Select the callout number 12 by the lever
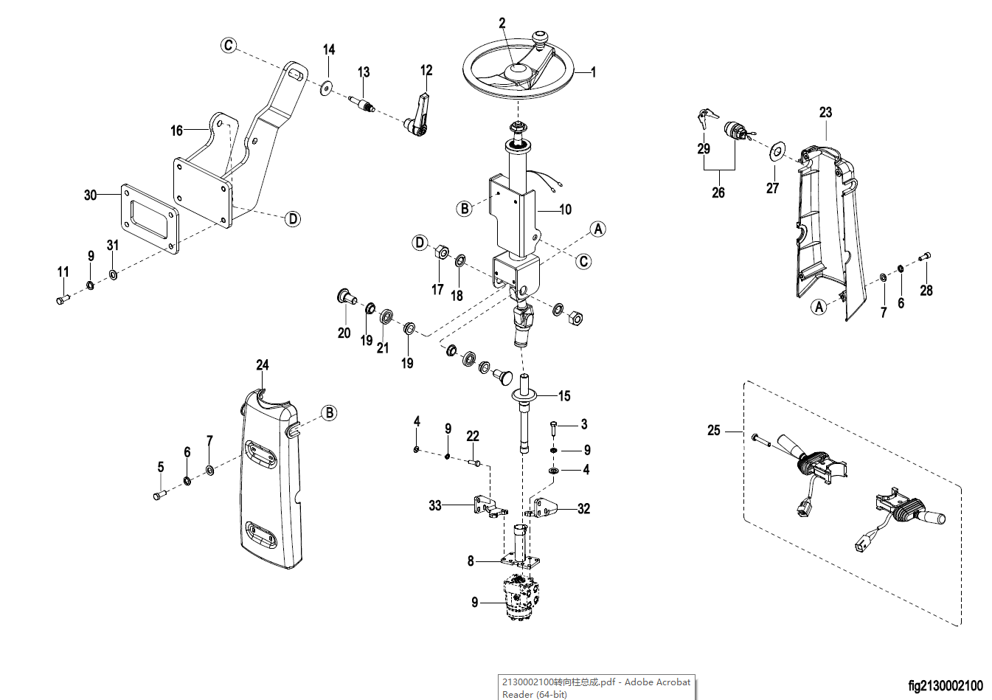coord(426,71)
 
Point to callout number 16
coord(176,131)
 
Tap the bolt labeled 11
coord(62,299)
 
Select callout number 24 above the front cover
coord(263,365)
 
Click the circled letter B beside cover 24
coord(330,413)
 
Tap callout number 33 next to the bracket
coord(435,505)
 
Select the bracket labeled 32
coord(545,508)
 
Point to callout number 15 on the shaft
coord(564,396)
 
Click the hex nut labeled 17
coord(440,252)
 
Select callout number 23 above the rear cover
coord(825,112)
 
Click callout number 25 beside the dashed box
coord(714,430)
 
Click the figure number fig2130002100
coord(946,686)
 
